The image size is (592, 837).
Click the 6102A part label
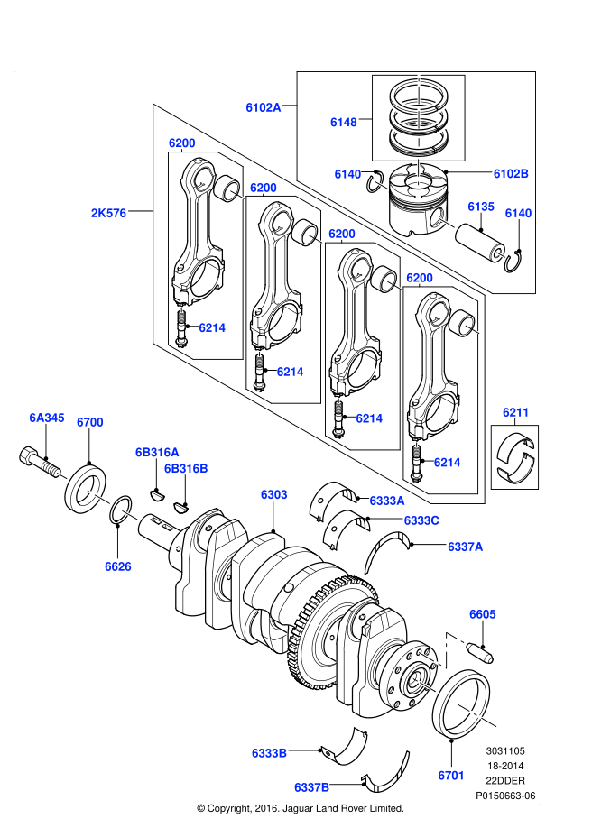(263, 107)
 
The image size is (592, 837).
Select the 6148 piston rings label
(343, 121)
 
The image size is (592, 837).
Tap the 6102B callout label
(511, 173)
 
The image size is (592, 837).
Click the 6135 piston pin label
(480, 207)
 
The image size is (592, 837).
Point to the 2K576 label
(108, 214)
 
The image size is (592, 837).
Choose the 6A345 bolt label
(46, 418)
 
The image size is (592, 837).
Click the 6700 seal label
(90, 422)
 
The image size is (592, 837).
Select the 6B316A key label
(157, 451)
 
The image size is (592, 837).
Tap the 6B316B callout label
(186, 468)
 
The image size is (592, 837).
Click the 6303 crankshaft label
(273, 494)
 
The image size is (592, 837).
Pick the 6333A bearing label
(386, 500)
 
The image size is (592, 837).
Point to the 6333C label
(421, 520)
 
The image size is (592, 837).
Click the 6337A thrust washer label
(466, 546)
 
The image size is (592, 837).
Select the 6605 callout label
(482, 614)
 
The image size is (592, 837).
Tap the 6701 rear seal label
(450, 775)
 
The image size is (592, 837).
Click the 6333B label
(269, 751)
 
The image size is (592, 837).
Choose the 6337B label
(311, 786)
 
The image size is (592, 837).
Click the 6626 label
(117, 566)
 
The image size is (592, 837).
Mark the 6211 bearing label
(515, 413)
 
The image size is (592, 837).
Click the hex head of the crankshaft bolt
(28, 455)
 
